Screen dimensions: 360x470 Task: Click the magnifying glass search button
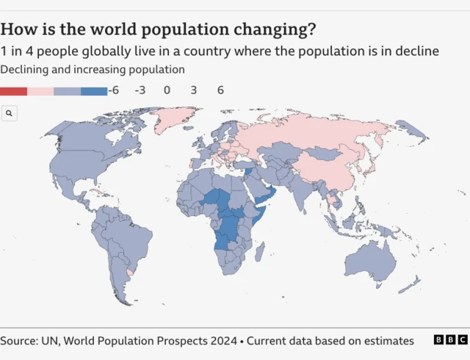[x=9, y=113]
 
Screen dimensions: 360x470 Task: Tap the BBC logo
[x=449, y=340]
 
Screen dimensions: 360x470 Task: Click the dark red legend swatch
[x=14, y=91]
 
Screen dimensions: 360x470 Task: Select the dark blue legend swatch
[x=93, y=91]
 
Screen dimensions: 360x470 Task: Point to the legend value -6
[x=113, y=91]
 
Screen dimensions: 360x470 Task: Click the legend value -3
[x=140, y=91]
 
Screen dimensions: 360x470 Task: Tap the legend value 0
[x=167, y=91]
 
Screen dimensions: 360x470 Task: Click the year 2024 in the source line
[x=223, y=341]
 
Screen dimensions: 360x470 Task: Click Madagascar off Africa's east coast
[x=259, y=253]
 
